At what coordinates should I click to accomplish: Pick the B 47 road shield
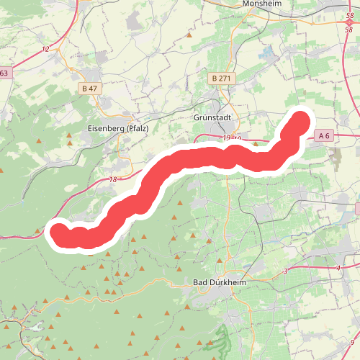(x=89, y=88)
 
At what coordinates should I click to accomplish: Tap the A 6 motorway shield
(x=324, y=135)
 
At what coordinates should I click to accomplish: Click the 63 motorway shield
(x=4, y=73)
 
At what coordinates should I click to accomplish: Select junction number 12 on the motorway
(x=45, y=49)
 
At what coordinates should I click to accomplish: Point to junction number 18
(x=113, y=180)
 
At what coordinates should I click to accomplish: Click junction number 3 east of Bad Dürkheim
(x=285, y=271)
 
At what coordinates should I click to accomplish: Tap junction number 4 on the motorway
(x=338, y=268)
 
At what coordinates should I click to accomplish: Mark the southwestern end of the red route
(x=58, y=232)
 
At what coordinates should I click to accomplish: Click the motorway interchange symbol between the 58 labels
(x=349, y=23)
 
